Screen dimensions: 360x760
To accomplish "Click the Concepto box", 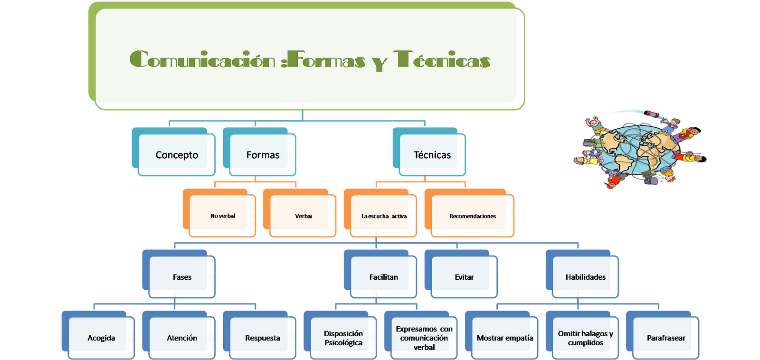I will (176, 155).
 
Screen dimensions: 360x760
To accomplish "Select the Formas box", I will (263, 155).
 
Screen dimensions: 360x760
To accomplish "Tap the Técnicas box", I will (432, 155).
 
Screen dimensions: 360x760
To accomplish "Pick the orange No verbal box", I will (223, 216).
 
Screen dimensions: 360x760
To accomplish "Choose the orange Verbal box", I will (304, 216).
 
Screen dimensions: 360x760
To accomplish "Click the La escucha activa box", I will (384, 216).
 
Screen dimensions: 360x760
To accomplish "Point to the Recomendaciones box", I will (473, 216).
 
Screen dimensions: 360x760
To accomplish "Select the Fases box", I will (182, 277).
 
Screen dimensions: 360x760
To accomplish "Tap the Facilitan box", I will (384, 277).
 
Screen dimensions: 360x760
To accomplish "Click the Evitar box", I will (464, 277).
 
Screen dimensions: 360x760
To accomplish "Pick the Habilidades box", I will (585, 277).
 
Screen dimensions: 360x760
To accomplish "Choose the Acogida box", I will (101, 338).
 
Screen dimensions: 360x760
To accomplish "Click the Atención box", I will (182, 338).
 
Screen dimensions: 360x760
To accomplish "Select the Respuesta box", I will (263, 338).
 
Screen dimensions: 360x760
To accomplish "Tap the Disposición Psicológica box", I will (343, 338).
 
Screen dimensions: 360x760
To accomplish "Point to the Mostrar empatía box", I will (504, 338).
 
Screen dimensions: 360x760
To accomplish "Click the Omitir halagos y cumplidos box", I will (585, 338).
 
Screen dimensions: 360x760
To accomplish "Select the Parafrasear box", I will (666, 338).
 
